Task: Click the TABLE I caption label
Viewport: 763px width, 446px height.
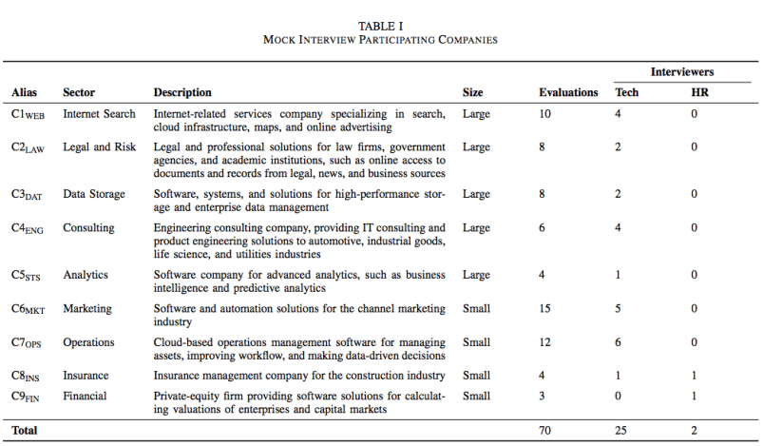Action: tap(380, 25)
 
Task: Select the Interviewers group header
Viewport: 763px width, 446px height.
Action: tap(682, 71)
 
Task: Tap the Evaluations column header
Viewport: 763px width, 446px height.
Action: tap(568, 92)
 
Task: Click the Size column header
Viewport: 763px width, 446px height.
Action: tap(473, 92)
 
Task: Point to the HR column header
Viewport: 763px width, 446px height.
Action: tap(699, 92)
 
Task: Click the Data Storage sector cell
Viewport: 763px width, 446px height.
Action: tap(93, 194)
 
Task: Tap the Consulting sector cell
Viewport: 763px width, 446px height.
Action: tap(88, 228)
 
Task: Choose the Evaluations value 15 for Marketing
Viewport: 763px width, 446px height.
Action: tap(545, 308)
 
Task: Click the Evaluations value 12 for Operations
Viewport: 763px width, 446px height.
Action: tap(545, 341)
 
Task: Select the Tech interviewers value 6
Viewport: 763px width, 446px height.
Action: tap(620, 341)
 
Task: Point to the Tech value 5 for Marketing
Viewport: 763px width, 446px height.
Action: tap(620, 308)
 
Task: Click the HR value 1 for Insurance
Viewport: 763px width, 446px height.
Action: tap(695, 375)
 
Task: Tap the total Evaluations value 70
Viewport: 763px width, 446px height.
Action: tap(545, 430)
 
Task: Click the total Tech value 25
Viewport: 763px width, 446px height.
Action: tap(622, 430)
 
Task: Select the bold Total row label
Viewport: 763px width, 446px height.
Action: tap(26, 430)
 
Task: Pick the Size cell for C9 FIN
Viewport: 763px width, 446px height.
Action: tap(476, 396)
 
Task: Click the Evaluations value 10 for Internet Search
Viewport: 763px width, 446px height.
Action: tap(545, 115)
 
